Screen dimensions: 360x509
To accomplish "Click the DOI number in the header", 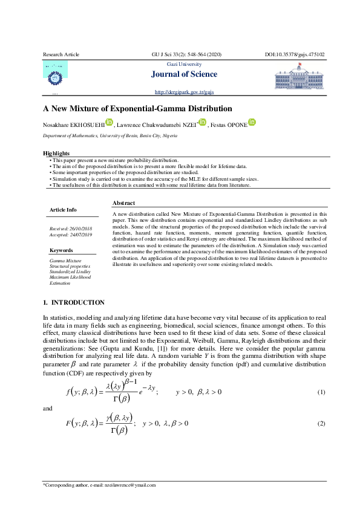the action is click(x=295, y=54).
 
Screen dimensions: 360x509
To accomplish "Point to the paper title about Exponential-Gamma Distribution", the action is click(x=128, y=109).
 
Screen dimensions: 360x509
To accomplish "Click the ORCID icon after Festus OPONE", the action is click(x=252, y=123).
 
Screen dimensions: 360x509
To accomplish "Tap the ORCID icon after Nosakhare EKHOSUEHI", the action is click(x=110, y=123).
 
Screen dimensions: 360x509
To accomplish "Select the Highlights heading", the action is click(x=56, y=154).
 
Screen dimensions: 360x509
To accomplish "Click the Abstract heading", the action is click(x=123, y=203).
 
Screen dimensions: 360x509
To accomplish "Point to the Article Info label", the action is click(x=63, y=210).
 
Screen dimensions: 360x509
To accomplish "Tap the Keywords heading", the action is click(x=61, y=249).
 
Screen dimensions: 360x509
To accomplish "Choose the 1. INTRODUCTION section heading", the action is click(x=74, y=302).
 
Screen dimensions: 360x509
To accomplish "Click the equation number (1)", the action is click(x=321, y=392).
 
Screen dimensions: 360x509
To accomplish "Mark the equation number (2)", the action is click(x=321, y=423).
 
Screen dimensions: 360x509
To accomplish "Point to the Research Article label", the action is click(x=61, y=54).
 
